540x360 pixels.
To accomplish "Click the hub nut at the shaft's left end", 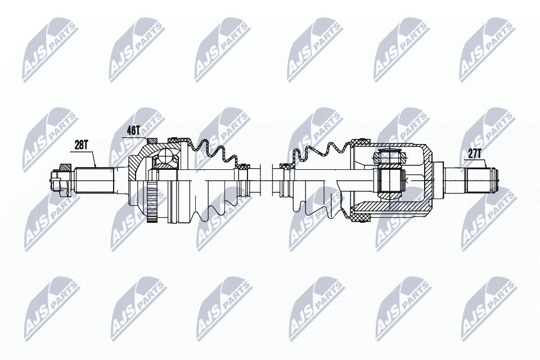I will (x=57, y=179).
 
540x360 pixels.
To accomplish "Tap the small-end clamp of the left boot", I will (x=244, y=166).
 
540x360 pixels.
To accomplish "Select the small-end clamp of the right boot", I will (x=285, y=166).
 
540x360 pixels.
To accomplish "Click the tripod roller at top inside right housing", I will (x=389, y=157).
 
